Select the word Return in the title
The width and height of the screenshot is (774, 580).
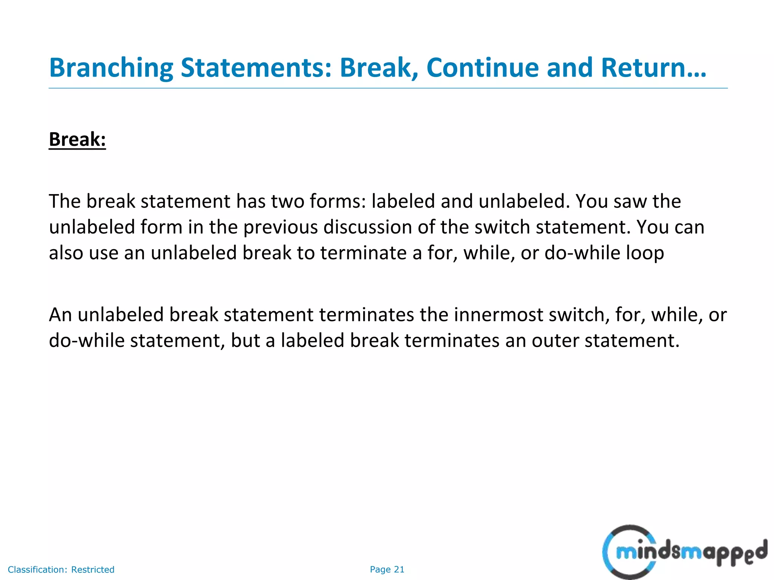tap(642, 68)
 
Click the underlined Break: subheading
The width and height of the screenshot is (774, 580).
tap(77, 139)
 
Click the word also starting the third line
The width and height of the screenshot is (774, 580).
tap(66, 253)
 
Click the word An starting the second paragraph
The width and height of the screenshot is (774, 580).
tap(60, 315)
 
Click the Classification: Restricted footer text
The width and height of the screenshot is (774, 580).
tap(61, 569)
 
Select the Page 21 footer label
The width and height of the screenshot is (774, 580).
tap(387, 569)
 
